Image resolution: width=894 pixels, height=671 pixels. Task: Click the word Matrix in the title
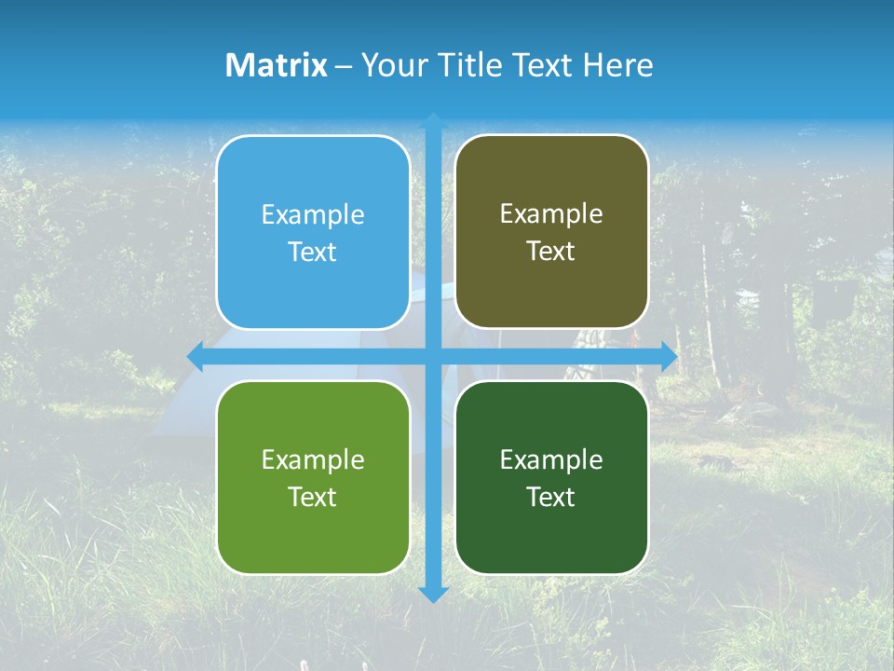point(277,65)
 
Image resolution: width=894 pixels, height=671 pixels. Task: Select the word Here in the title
point(618,65)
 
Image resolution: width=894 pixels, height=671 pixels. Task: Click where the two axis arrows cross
point(433,356)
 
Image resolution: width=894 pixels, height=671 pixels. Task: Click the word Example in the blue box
point(313,215)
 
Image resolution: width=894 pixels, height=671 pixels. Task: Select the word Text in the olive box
point(551,251)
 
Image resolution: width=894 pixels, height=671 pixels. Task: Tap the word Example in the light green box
point(313,460)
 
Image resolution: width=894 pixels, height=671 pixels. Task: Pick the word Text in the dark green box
point(551,497)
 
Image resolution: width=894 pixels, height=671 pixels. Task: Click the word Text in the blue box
point(313,252)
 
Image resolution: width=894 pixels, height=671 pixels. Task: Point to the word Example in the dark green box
point(551,460)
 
